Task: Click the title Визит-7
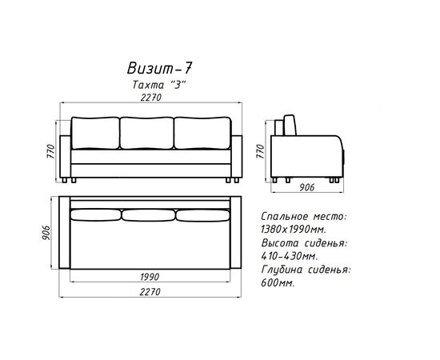tap(159, 68)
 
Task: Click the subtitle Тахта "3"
tap(159, 85)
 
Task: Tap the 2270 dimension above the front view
tap(151, 97)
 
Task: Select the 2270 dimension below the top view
tap(150, 292)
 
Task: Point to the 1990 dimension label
tap(150, 277)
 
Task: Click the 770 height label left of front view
tap(50, 151)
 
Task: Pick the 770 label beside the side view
tap(261, 151)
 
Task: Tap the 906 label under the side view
tap(306, 187)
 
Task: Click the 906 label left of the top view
tap(46, 233)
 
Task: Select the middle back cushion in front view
tap(146, 133)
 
